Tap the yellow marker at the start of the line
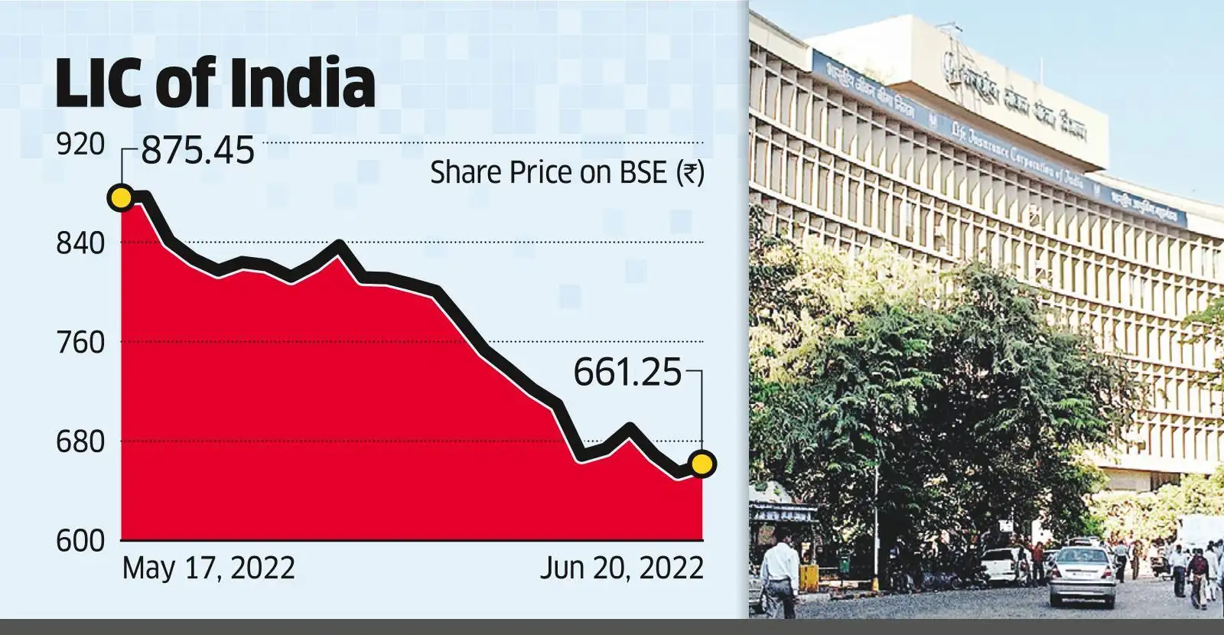(x=120, y=198)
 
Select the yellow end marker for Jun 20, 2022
(x=702, y=464)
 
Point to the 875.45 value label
(x=198, y=152)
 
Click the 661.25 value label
(x=627, y=374)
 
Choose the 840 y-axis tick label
(x=80, y=243)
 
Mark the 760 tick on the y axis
(x=80, y=343)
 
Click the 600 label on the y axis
(x=80, y=541)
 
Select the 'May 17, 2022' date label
(x=208, y=569)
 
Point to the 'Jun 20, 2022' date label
(x=621, y=569)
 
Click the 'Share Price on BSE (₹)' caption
(x=566, y=173)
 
